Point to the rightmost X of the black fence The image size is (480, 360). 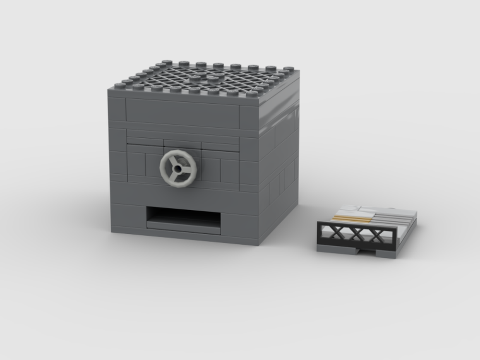pyautogui.click(x=377, y=237)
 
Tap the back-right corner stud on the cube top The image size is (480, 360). pyautogui.click(x=289, y=69)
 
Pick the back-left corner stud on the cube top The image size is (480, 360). pyautogui.click(x=167, y=62)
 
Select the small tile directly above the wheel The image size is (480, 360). pyautogui.click(x=182, y=144)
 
